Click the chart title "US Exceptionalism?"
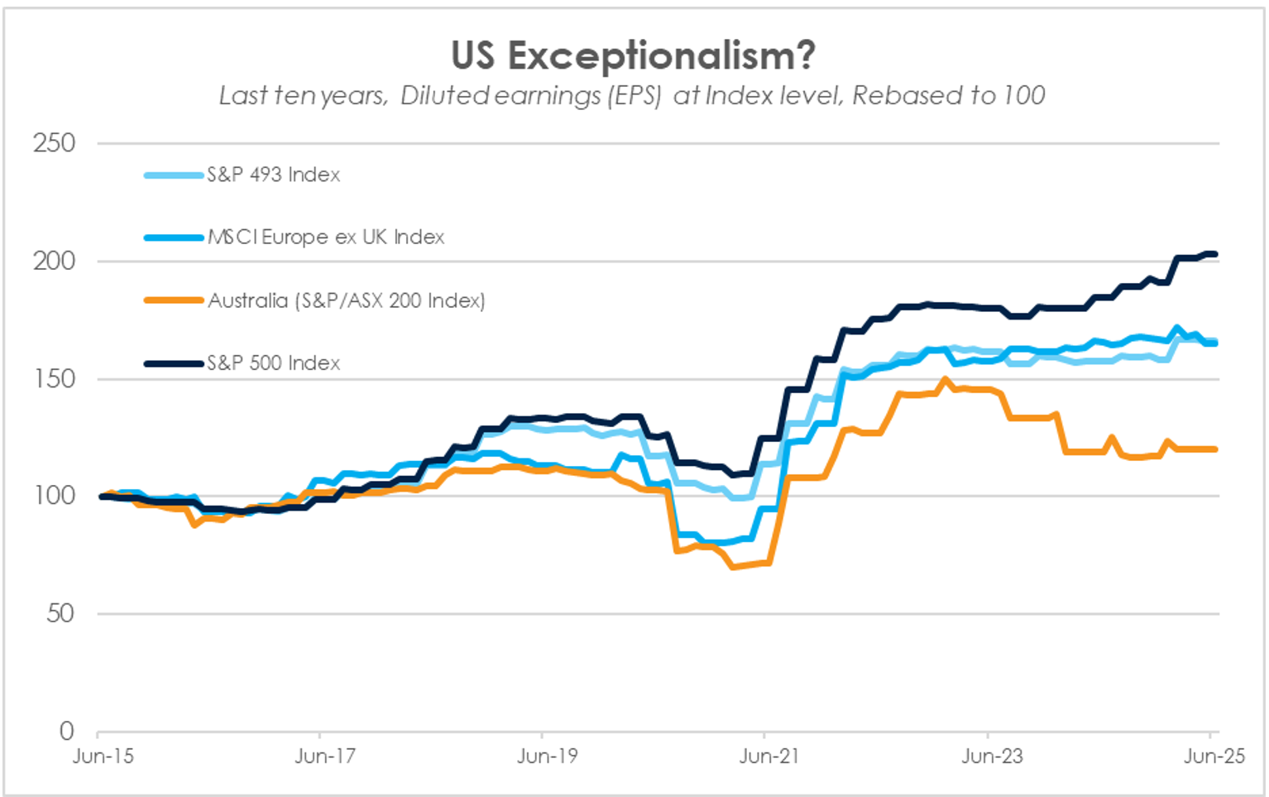[x=633, y=56]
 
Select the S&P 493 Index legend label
[x=274, y=175]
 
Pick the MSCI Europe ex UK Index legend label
[x=326, y=238]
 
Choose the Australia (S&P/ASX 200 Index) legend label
[x=347, y=300]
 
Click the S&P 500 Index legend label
[x=274, y=363]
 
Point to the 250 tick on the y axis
[x=55, y=143]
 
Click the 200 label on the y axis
[x=55, y=261]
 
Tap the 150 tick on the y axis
[x=55, y=378]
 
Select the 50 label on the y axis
[x=60, y=613]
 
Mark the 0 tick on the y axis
[x=67, y=731]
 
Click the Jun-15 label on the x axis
[x=103, y=756]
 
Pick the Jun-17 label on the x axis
[x=325, y=756]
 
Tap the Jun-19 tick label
[x=548, y=756]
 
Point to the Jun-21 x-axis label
[x=769, y=756]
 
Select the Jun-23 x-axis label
[x=992, y=756]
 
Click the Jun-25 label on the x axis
[x=1214, y=756]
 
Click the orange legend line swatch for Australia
[x=174, y=300]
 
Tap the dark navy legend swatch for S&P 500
[x=174, y=363]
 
